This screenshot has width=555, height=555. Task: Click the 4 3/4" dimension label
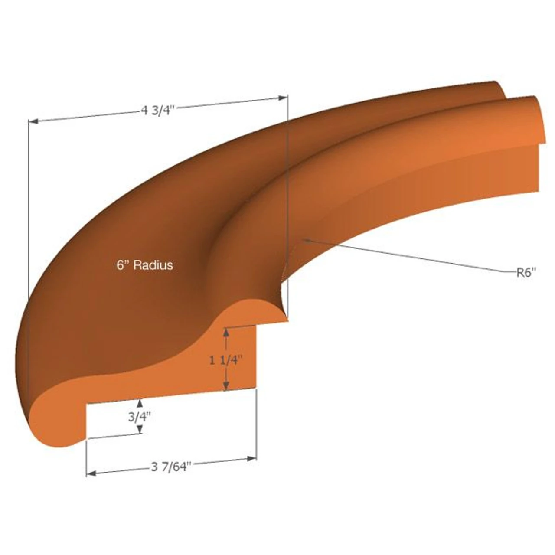(x=157, y=110)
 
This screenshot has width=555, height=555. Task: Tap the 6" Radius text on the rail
(x=145, y=265)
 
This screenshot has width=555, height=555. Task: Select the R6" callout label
(x=526, y=273)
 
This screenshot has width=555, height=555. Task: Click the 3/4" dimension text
(x=140, y=417)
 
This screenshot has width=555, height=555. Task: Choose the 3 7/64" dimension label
(x=171, y=467)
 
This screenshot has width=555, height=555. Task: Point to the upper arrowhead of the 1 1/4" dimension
(x=225, y=332)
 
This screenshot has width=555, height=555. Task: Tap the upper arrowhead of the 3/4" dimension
(x=140, y=403)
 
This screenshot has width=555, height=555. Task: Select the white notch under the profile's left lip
(x=113, y=418)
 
